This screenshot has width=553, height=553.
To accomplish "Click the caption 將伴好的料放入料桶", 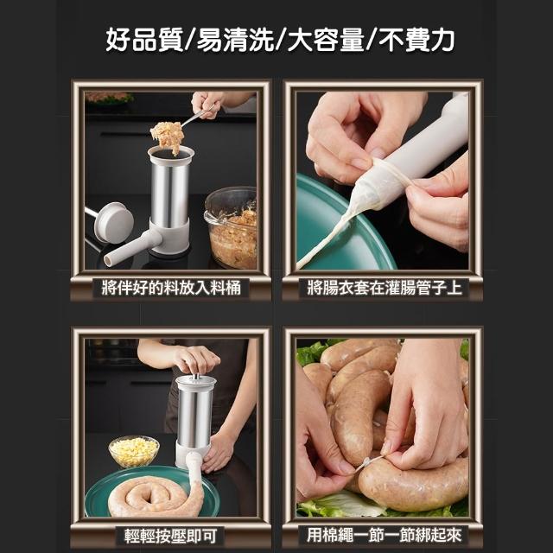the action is (171, 288).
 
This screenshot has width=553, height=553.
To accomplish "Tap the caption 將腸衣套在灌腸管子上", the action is (384, 288).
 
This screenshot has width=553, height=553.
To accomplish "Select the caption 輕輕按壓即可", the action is (171, 536).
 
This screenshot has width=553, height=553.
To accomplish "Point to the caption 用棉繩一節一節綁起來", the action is (384, 535).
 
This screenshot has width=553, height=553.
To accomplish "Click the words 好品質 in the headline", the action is (144, 40).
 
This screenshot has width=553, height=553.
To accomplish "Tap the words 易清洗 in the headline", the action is (235, 40).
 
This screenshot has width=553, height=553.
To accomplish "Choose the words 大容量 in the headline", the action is (326, 40).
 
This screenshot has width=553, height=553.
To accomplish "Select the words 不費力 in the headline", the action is (416, 40).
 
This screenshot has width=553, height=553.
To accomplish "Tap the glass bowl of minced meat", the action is (231, 227).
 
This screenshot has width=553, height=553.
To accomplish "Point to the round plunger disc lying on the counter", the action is (114, 223).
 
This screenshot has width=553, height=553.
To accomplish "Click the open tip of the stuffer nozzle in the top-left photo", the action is (108, 261).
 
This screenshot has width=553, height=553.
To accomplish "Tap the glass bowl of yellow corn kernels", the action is (133, 452).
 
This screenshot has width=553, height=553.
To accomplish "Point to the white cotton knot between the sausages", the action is (367, 462).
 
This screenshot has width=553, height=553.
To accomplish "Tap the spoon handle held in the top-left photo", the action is (198, 116).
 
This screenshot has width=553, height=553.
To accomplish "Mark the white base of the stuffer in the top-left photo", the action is (168, 236).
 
